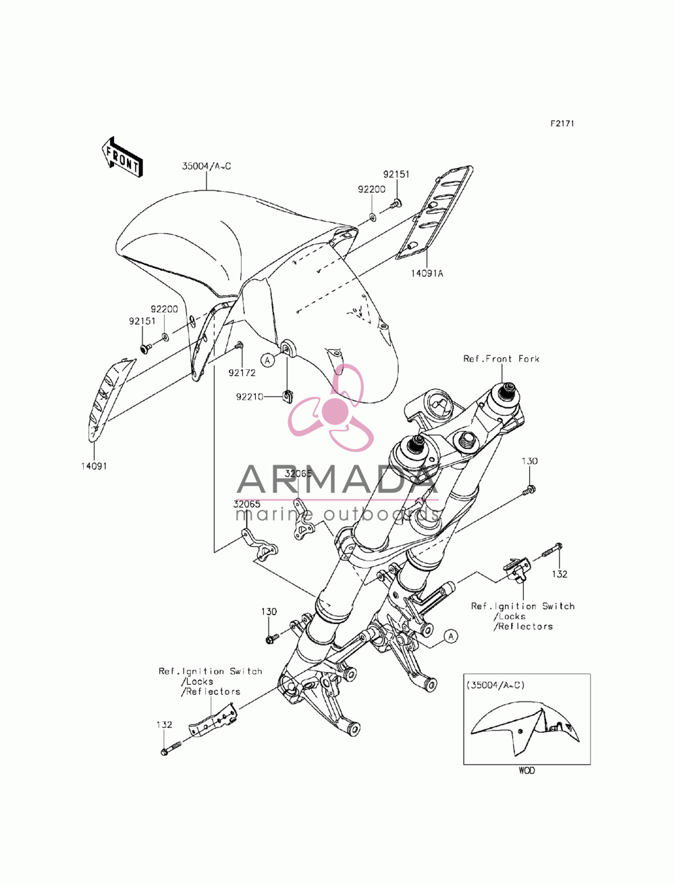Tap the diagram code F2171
(x=562, y=124)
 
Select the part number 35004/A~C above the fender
(x=207, y=166)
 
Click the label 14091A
(x=427, y=274)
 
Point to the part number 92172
(x=242, y=373)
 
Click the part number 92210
(x=250, y=396)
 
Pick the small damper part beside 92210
(x=287, y=396)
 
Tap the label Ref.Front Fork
(x=501, y=359)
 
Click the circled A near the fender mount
(x=267, y=360)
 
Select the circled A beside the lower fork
(x=451, y=636)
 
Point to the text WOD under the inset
(x=526, y=771)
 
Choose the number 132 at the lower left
(x=164, y=725)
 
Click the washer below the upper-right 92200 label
(x=373, y=217)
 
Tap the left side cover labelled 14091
(x=109, y=400)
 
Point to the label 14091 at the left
(x=94, y=466)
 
